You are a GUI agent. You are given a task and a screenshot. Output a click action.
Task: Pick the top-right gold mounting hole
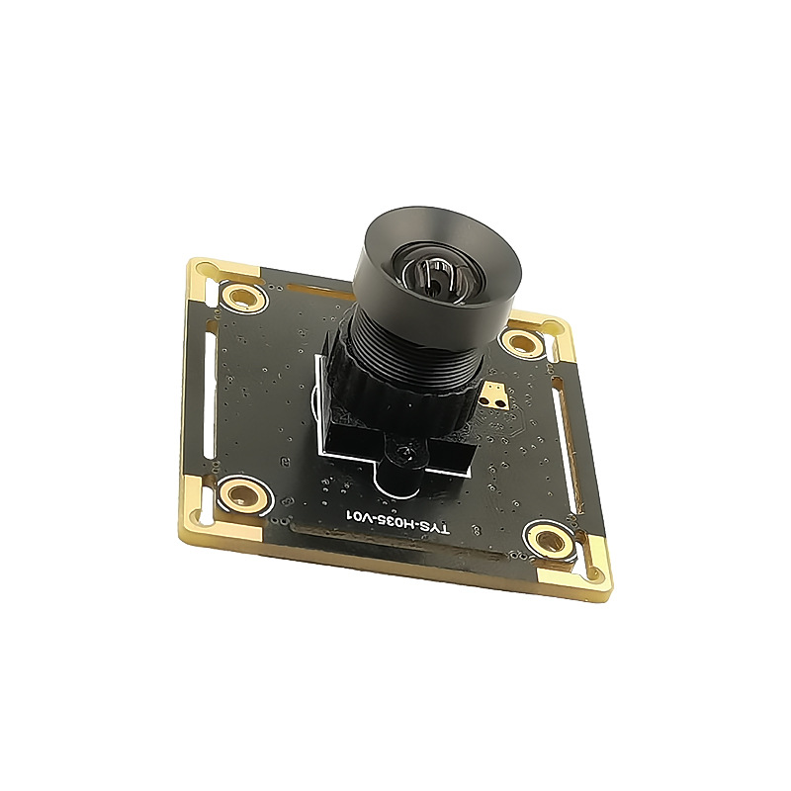pos(523,343)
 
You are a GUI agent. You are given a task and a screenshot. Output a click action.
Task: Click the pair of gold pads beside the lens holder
pos(492,394)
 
